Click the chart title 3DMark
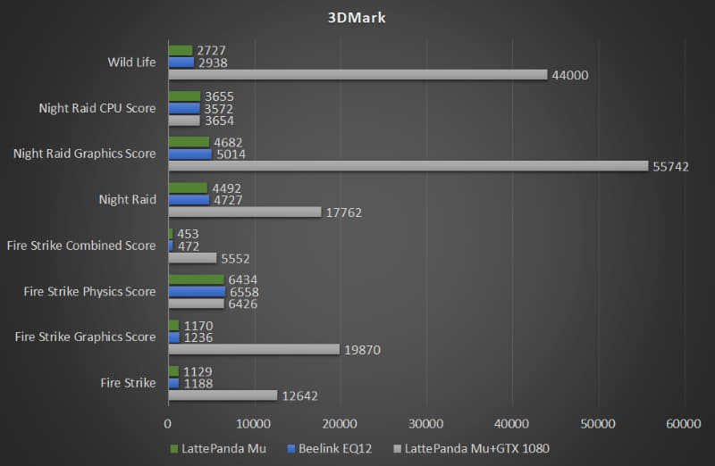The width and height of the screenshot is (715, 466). [357, 18]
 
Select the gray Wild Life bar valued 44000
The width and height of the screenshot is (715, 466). [357, 75]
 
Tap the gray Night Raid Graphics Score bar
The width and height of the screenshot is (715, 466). [408, 166]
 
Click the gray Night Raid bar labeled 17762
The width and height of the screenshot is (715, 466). [244, 212]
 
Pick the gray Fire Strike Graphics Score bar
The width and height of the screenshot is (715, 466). [254, 350]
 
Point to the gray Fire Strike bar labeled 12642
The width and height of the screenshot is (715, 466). [223, 395]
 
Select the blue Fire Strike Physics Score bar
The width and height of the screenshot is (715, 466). [196, 292]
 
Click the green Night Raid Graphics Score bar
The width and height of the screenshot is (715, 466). [188, 142]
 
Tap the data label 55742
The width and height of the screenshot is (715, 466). [670, 167]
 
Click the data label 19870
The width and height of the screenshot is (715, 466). [362, 350]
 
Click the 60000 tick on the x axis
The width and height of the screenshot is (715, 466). [683, 423]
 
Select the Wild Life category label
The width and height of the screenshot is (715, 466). [131, 62]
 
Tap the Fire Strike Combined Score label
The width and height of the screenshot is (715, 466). [80, 245]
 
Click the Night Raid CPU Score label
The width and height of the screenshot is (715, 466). [97, 108]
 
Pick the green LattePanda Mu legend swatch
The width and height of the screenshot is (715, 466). [172, 448]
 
